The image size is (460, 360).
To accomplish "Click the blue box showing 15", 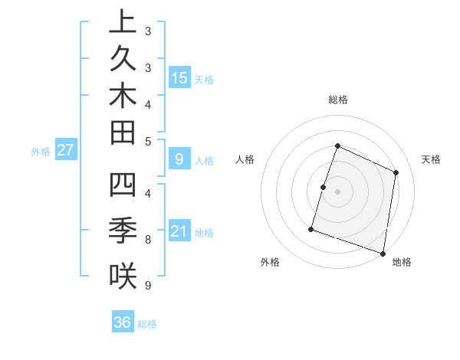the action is pos(179,77).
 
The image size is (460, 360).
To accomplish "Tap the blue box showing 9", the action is pos(179,159).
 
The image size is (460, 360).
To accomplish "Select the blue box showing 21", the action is pos(179,231).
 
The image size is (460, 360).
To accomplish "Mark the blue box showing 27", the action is pos(66,150).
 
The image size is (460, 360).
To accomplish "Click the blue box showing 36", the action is pos(123,322).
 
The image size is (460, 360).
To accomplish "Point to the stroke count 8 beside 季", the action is pos(148,240).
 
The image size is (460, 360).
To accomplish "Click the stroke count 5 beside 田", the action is pos(148,141).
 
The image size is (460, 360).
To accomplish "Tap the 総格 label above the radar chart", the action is pos(337,100).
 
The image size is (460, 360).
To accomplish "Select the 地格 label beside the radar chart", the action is pos(402,262).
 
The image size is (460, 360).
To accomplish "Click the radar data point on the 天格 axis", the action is pos(396,172).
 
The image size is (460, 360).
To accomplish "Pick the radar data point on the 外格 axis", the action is pos(311,228).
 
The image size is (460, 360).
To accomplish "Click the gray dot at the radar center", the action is pos(337,191).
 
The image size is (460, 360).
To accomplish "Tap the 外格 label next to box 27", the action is pos(41,152).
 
